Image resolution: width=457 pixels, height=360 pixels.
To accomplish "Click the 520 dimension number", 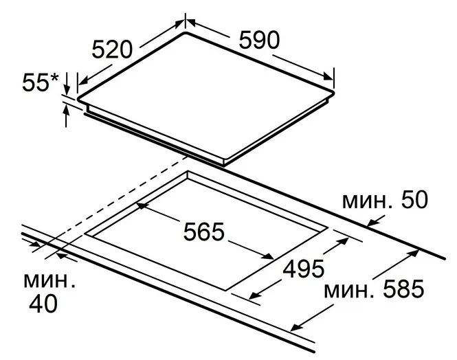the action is point(112,49).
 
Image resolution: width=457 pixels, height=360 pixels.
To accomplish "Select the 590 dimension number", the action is point(259,40).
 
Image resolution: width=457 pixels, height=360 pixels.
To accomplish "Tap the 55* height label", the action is point(41,82).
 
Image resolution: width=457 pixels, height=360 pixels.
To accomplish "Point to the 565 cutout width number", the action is point(203,232).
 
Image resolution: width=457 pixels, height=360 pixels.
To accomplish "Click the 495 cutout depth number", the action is point(303,269).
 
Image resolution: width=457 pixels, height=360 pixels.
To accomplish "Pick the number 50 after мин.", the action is point(414,200).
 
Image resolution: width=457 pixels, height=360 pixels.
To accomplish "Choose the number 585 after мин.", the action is point(403,289).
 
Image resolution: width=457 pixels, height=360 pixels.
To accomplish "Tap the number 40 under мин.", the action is point(43,304).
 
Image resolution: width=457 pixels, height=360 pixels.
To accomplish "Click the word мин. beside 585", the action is point(349,291).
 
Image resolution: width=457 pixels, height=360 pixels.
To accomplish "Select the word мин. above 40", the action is point(49,281).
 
